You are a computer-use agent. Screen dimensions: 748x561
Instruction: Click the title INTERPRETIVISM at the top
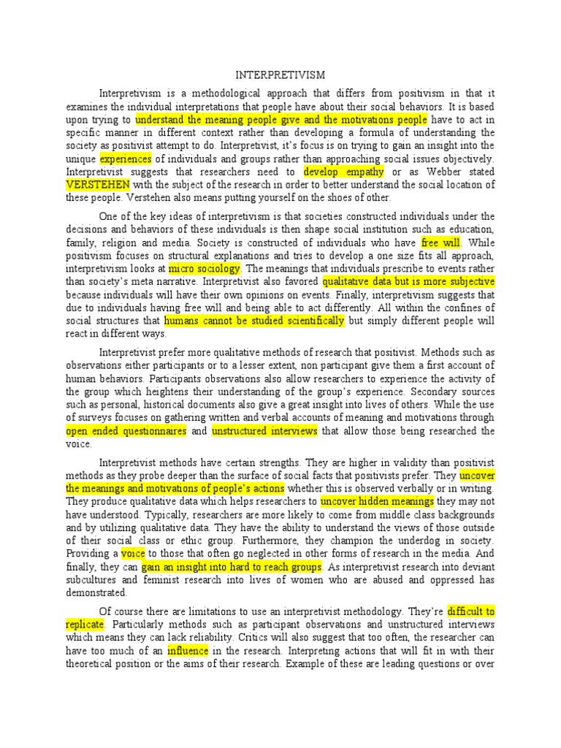(280, 75)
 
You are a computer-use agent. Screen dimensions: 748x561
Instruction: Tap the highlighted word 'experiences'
(126, 159)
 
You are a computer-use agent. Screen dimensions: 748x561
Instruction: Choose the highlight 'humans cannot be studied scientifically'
(253, 321)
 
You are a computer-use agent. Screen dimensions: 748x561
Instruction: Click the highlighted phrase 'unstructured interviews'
(264, 431)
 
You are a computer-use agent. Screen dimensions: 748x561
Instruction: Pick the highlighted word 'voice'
(133, 554)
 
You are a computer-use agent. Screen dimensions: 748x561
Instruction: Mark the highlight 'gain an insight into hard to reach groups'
(231, 567)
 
